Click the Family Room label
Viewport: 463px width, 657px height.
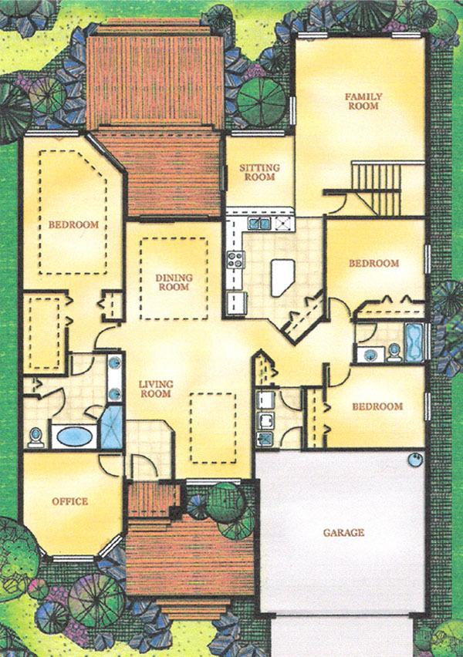[x=363, y=101]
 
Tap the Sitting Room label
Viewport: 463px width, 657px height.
[x=259, y=172]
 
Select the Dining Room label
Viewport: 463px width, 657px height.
[x=174, y=282]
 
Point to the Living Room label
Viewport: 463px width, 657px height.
[x=156, y=389]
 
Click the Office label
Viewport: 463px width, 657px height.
[x=70, y=501]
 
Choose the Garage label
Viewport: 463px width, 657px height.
[x=343, y=533]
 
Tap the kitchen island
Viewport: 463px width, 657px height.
[x=282, y=278]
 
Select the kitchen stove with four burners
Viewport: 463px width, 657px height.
[x=235, y=260]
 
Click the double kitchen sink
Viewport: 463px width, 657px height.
[x=259, y=224]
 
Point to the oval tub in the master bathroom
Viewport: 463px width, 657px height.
[x=74, y=436]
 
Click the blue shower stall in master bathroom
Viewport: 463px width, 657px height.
[x=112, y=427]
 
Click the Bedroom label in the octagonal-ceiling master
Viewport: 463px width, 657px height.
[x=73, y=224]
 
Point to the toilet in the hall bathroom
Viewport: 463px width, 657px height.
[x=394, y=352]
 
